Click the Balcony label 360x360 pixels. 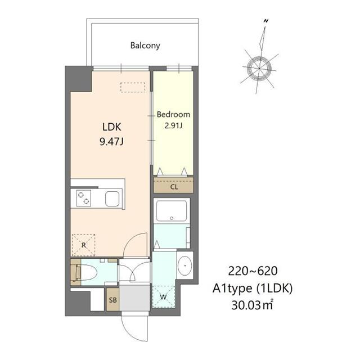[x=145, y=46]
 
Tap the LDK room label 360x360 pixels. [x=111, y=127]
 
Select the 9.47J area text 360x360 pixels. [x=111, y=142]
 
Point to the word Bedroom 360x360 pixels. [x=173, y=114]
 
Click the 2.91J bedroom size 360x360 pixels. [x=173, y=125]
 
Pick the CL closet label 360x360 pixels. [x=174, y=187]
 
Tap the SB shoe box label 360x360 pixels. [x=112, y=300]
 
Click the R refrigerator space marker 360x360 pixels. [x=84, y=245]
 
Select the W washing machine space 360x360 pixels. [x=163, y=296]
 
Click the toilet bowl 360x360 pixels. [x=89, y=272]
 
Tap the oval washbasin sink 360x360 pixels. [x=185, y=265]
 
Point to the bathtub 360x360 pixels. [x=172, y=211]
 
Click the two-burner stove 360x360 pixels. [x=83, y=198]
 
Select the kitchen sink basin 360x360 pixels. [x=112, y=199]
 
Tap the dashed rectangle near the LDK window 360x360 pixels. [x=133, y=88]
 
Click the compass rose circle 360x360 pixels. [x=259, y=69]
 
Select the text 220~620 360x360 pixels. [x=253, y=271]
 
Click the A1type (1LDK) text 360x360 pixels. [x=253, y=289]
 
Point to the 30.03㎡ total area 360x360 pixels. [x=252, y=305]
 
